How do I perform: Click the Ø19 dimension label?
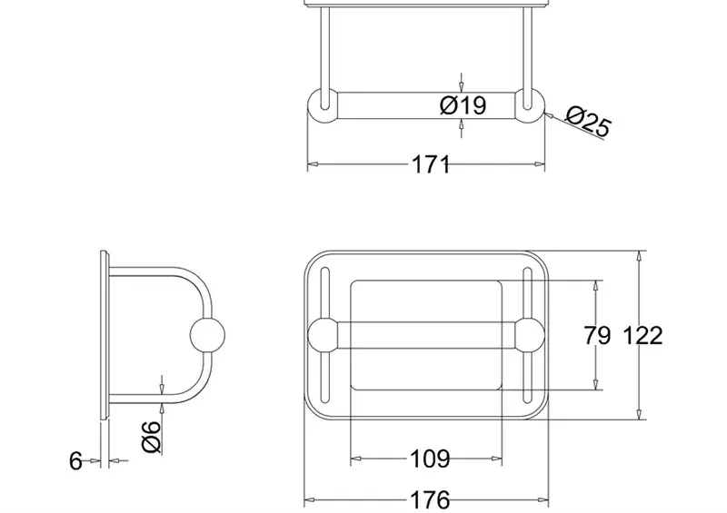pyautogui.click(x=463, y=105)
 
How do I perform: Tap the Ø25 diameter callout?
pyautogui.click(x=589, y=122)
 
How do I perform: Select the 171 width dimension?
pyautogui.click(x=431, y=164)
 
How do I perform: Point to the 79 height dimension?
pyautogui.click(x=597, y=335)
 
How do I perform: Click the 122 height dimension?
pyautogui.click(x=642, y=335)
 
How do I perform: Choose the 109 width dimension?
pyautogui.click(x=430, y=459)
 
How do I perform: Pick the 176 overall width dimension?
pyautogui.click(x=430, y=500)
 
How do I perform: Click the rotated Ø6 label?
pyautogui.click(x=152, y=437)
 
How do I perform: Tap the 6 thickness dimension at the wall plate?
pyautogui.click(x=75, y=461)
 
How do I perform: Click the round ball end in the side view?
pyautogui.click(x=207, y=335)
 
